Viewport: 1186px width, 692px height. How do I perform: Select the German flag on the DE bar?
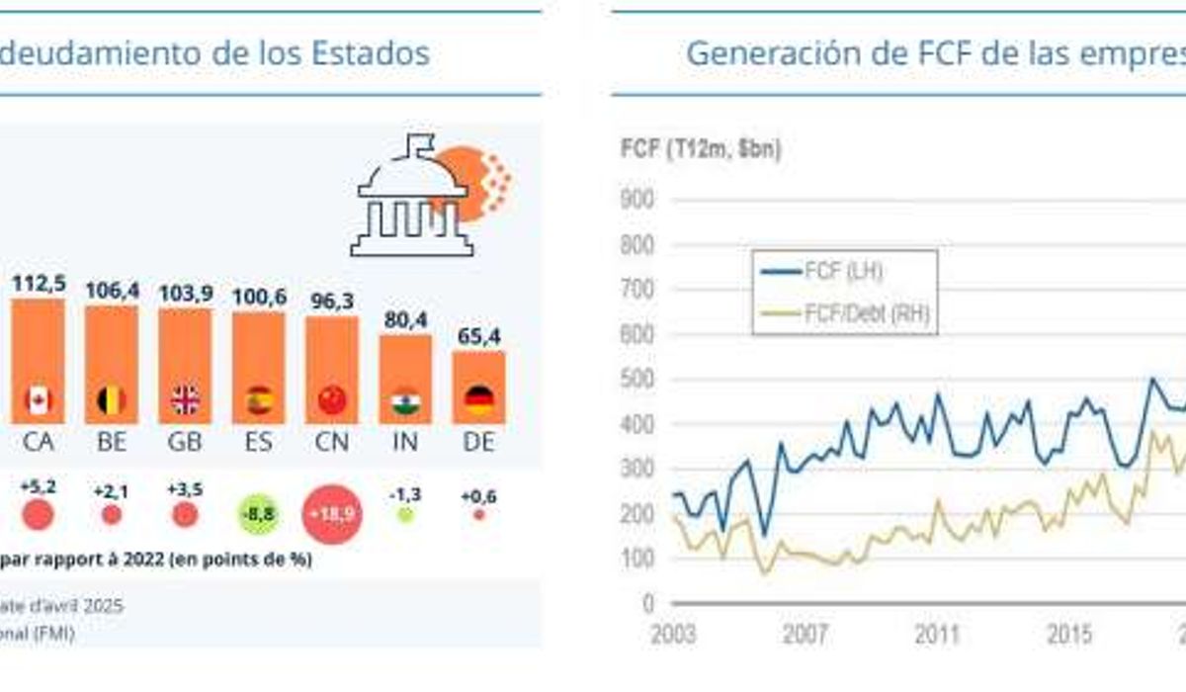tap(479, 399)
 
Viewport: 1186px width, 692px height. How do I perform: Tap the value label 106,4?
tap(112, 291)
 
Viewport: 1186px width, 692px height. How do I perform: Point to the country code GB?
tap(185, 442)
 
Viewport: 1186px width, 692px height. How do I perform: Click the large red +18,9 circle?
tap(333, 514)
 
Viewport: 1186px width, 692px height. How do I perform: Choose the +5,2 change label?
tap(37, 486)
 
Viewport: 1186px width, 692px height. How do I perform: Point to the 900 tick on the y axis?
tap(637, 201)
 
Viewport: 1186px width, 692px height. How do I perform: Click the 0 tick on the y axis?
tap(647, 603)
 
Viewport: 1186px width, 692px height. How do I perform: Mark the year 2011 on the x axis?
tap(937, 634)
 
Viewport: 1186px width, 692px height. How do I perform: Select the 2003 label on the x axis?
tap(673, 634)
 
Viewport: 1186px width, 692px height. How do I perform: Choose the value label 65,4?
tap(479, 337)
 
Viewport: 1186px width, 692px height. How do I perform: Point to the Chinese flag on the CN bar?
tap(332, 400)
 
